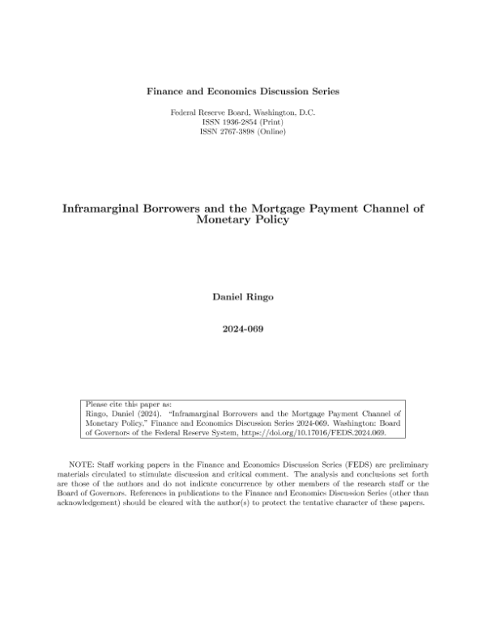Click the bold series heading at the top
click(x=243, y=91)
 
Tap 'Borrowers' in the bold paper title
click(x=181, y=208)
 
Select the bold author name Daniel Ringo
click(x=243, y=298)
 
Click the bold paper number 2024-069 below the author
click(x=243, y=329)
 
